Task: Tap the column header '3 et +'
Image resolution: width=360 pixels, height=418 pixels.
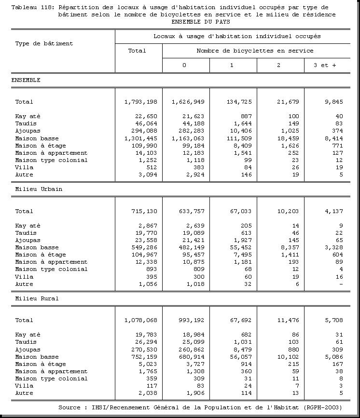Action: pyautogui.click(x=325, y=65)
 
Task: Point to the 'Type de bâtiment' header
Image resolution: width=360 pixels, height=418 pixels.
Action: pyautogui.click(x=44, y=43)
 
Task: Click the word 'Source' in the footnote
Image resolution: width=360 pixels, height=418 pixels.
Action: pyautogui.click(x=69, y=407)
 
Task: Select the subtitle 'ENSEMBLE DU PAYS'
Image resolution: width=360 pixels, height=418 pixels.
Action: pyautogui.click(x=200, y=22)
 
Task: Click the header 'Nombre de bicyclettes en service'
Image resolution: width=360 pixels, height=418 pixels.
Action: pyautogui.click(x=255, y=51)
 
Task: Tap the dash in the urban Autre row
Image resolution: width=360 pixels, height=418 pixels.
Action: pyautogui.click(x=341, y=284)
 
